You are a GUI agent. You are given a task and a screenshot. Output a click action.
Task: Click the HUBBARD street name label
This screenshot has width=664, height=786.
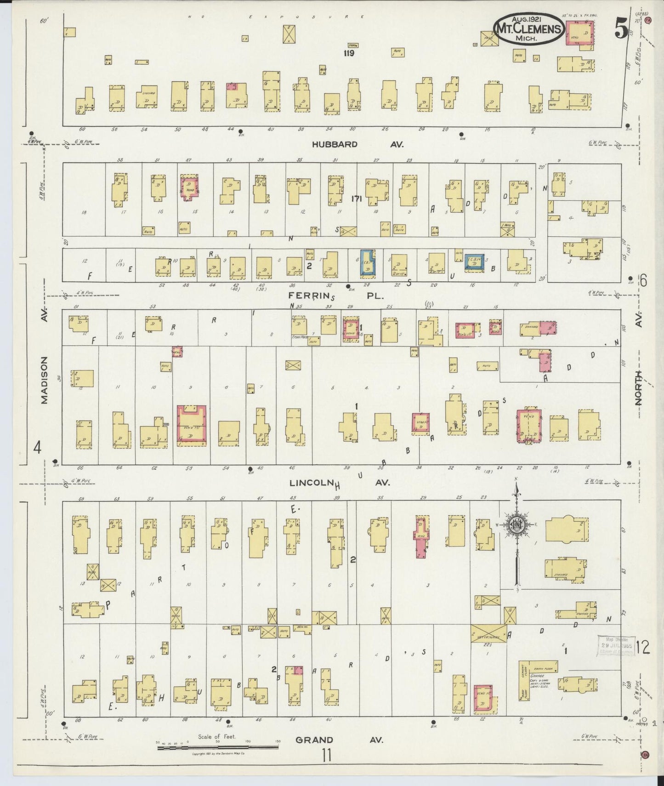tap(335, 144)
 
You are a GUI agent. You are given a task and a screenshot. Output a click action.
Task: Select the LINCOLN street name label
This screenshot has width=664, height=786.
tap(311, 483)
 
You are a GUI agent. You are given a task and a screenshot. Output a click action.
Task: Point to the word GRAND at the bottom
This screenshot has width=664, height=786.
tap(314, 740)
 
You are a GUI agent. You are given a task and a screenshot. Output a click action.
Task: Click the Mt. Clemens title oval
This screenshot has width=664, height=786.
tap(528, 29)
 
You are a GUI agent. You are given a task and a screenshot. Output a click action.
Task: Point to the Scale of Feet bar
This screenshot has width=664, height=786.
tap(217, 747)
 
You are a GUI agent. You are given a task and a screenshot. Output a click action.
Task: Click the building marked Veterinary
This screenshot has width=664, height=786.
tap(488, 633)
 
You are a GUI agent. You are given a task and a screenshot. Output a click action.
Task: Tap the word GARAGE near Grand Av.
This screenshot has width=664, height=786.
tap(538, 676)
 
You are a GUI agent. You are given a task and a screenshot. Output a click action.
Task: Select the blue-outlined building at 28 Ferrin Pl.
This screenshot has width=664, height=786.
tap(368, 263)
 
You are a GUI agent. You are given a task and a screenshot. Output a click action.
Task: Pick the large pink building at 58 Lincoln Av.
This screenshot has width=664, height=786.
tap(191, 426)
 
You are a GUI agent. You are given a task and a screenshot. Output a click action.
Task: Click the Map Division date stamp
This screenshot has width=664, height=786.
tap(616, 646)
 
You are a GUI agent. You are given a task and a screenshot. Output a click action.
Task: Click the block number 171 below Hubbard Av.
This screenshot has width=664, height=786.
tap(357, 199)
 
